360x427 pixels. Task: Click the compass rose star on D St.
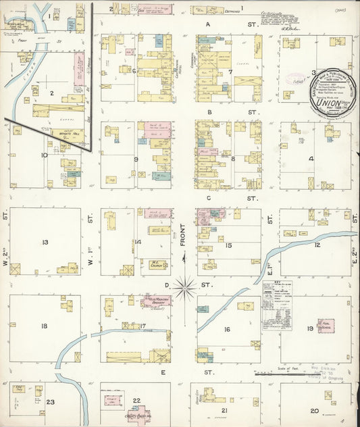(184, 286)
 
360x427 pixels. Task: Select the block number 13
(45, 242)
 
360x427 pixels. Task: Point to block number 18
(44, 326)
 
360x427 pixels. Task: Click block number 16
(228, 329)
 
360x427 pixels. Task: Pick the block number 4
(311, 159)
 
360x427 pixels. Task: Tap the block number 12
(317, 244)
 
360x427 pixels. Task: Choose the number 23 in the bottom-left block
(50, 403)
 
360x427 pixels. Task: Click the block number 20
(314, 410)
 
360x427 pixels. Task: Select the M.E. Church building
(159, 266)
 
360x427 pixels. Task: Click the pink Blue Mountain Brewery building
(157, 300)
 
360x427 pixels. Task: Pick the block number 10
(45, 155)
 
